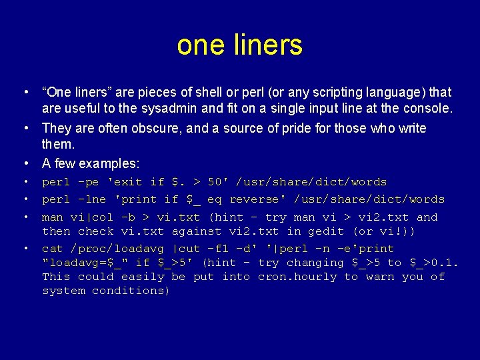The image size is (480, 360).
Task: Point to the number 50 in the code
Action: (x=215, y=182)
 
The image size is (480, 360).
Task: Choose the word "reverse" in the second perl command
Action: (x=258, y=199)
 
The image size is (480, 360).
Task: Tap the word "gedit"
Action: (x=326, y=231)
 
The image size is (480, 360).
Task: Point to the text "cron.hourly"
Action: (x=297, y=277)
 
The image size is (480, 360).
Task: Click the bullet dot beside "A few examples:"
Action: (x=24, y=163)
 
